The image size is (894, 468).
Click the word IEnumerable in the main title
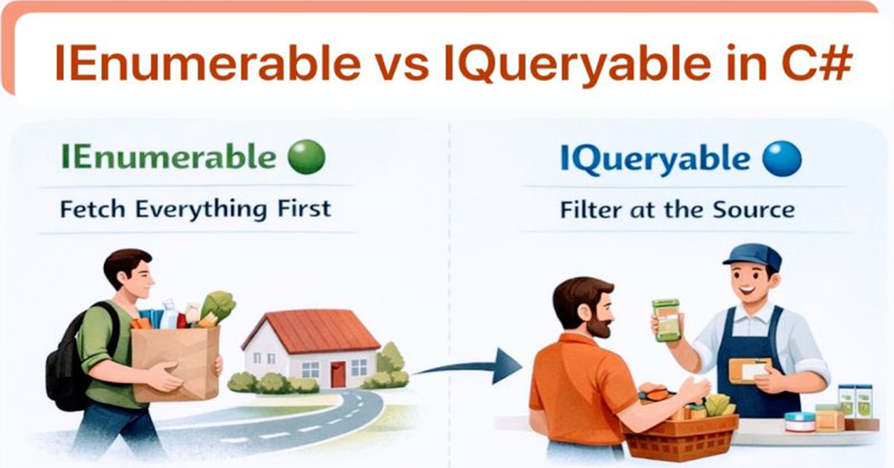[x=208, y=63]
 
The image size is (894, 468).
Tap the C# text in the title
[x=817, y=63]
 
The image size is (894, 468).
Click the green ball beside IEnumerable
[x=306, y=157]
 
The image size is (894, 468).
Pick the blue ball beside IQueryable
[x=782, y=159]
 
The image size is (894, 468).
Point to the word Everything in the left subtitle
[x=200, y=209]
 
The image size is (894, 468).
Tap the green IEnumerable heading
[x=168, y=157]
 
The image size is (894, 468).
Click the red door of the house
[x=338, y=374]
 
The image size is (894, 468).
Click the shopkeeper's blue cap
[x=752, y=258]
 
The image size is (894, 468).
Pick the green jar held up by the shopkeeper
[x=666, y=320]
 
